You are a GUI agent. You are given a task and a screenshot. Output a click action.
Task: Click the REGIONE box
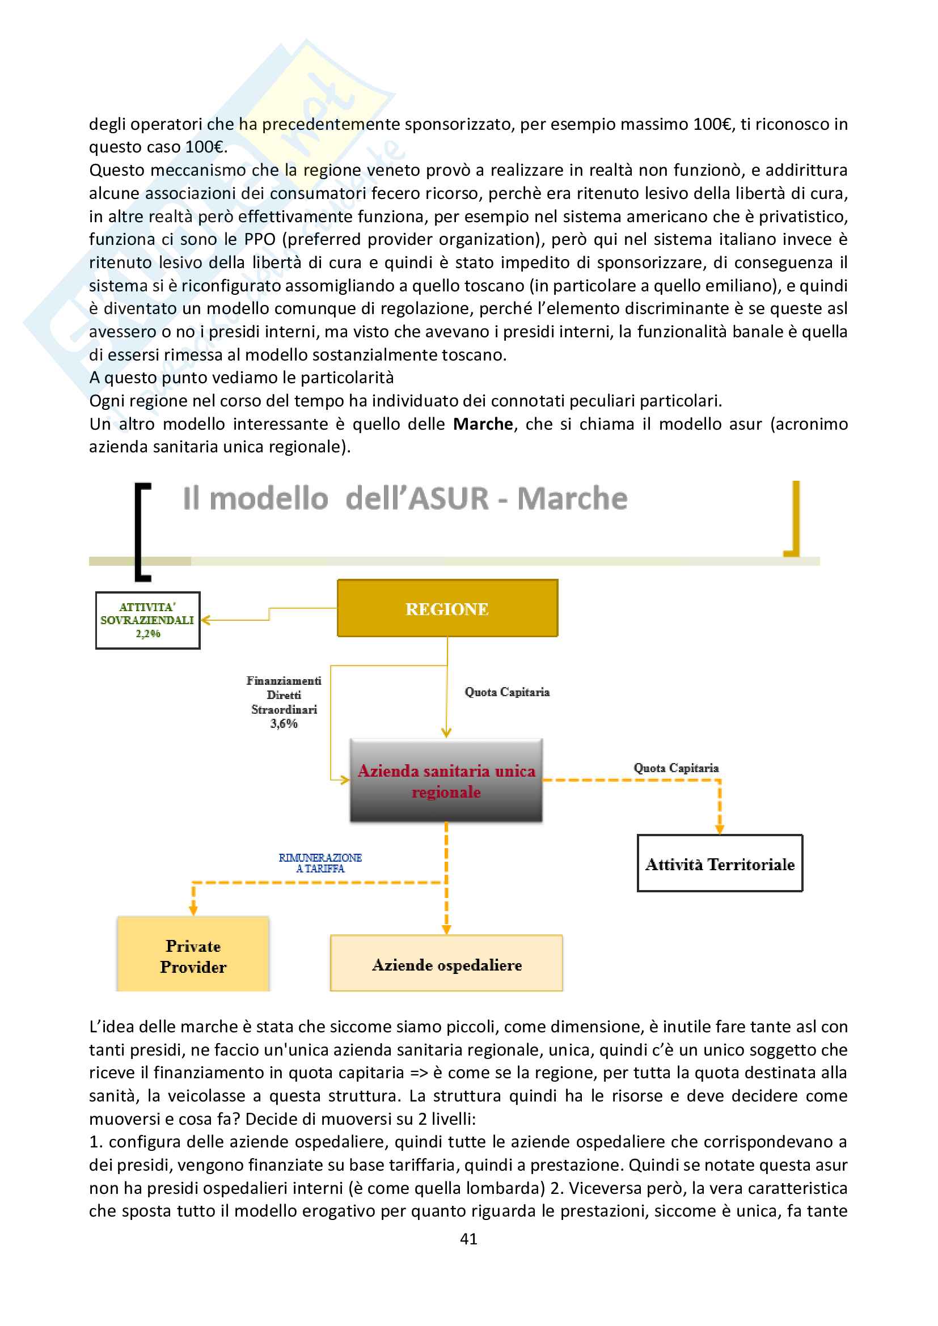click(447, 608)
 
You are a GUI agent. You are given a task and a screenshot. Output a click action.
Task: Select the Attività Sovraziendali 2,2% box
click(148, 620)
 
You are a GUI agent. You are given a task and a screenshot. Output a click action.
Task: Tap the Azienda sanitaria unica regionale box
click(446, 780)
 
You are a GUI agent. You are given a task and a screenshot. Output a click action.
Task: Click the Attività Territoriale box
click(720, 864)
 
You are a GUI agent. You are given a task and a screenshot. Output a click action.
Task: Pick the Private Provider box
click(193, 956)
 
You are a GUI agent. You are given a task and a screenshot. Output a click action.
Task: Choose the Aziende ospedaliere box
click(446, 964)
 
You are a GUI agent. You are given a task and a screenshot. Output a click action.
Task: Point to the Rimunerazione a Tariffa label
click(320, 863)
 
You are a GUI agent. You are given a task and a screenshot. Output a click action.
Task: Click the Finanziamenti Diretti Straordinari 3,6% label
click(284, 702)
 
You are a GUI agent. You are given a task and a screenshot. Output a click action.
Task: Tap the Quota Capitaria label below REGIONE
click(507, 692)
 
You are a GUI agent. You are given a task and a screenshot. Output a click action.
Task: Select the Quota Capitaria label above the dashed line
click(676, 768)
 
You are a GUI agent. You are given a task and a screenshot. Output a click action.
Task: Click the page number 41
click(468, 1238)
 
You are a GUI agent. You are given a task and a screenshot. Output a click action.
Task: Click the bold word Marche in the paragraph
click(483, 424)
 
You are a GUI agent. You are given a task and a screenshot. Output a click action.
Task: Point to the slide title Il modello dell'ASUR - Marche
click(405, 498)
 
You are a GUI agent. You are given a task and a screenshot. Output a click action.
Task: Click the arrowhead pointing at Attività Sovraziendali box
click(205, 620)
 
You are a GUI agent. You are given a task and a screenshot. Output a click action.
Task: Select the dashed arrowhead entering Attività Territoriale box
click(720, 829)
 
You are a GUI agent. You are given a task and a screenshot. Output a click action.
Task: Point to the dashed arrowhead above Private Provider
click(193, 911)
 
